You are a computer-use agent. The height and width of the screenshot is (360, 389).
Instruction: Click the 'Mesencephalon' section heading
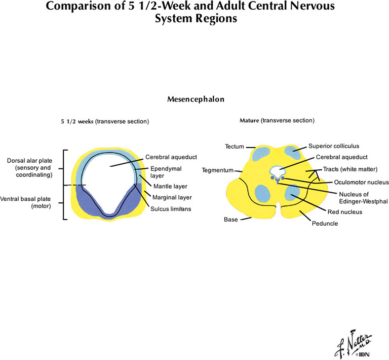pos(196,99)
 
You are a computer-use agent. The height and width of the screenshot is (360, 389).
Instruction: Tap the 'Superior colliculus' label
pos(331,147)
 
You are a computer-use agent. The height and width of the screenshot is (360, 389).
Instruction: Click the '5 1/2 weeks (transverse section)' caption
pos(104,121)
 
